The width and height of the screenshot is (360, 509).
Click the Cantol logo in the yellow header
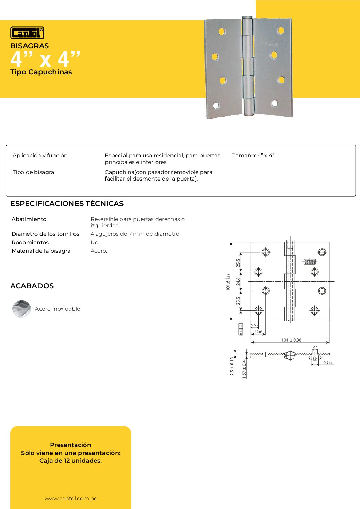[27, 33]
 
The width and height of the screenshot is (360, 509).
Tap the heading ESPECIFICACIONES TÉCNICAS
[67, 204]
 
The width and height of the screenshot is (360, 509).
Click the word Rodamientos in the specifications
[30, 242]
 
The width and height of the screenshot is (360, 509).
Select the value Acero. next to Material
[99, 251]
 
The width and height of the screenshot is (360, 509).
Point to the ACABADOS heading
[32, 286]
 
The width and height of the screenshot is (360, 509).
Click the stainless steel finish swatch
[21, 309]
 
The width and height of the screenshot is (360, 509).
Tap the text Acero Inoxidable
[58, 309]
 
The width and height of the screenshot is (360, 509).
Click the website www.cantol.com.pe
[71, 498]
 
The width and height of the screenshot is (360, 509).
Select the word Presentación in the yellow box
[70, 445]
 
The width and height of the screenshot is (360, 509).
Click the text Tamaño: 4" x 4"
[253, 155]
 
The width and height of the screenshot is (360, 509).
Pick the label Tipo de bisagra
[33, 172]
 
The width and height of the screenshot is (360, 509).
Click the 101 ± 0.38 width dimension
[291, 340]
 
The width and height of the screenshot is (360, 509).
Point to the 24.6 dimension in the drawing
[238, 281]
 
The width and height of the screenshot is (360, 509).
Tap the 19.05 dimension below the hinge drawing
[259, 332]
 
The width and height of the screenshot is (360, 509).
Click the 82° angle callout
[315, 359]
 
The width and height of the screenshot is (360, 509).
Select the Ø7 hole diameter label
[315, 347]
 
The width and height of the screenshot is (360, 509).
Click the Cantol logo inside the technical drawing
[310, 262]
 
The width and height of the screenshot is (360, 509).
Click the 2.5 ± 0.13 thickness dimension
[232, 367]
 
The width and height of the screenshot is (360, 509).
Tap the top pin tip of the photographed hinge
[247, 17]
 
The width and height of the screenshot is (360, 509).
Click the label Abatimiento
[29, 219]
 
